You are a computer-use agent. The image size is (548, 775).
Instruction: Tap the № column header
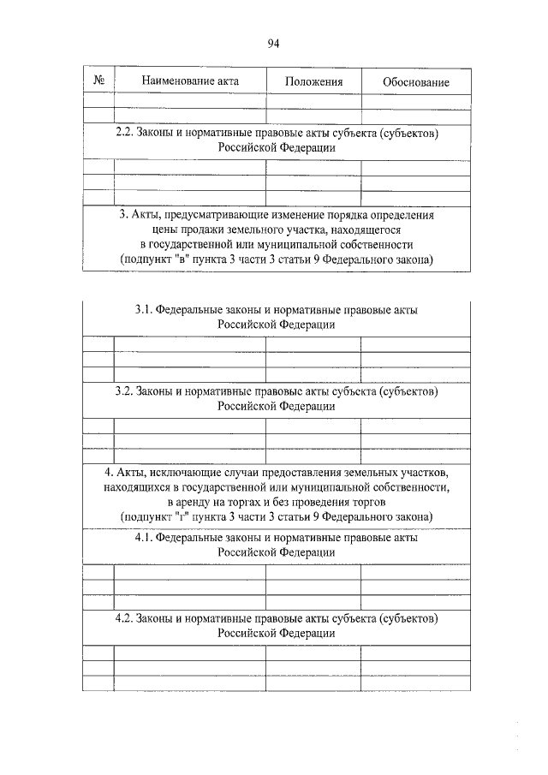tap(98, 81)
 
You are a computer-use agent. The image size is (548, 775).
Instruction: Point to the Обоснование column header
tap(416, 82)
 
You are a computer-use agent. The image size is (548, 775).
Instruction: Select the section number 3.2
tap(124, 391)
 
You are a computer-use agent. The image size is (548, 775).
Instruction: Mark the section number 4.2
tap(124, 617)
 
